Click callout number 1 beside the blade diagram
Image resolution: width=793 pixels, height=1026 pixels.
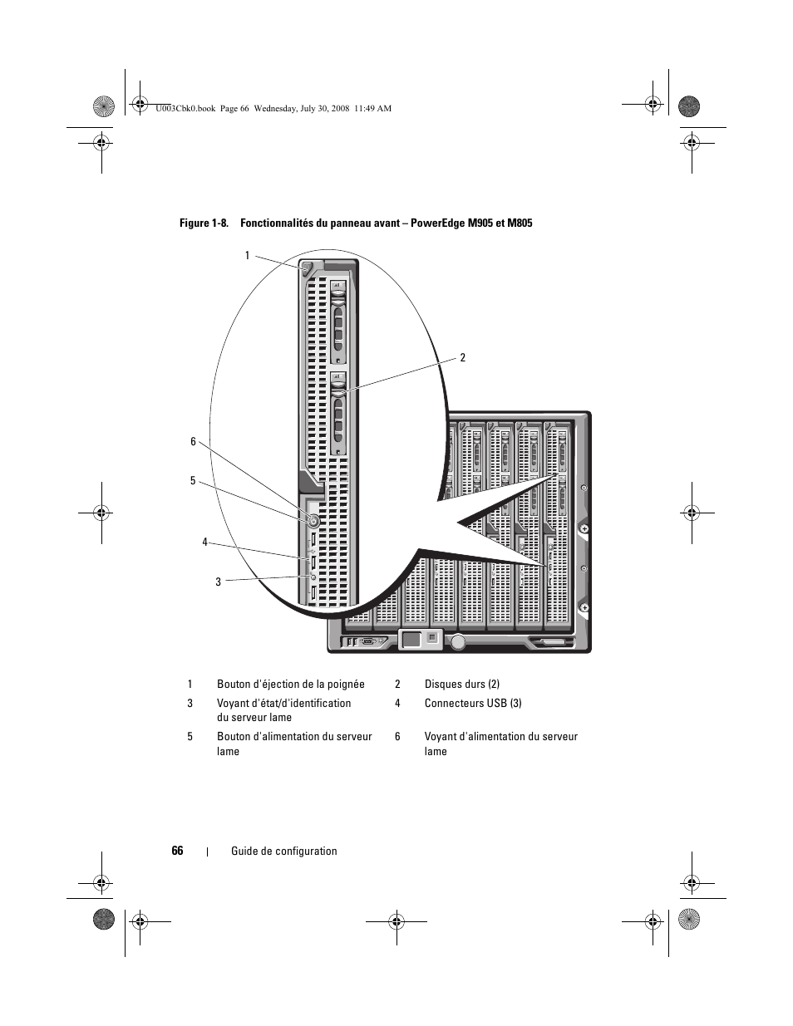pos(247,256)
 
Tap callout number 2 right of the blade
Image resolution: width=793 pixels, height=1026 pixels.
pos(463,358)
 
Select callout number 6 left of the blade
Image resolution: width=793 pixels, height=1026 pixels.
pos(193,442)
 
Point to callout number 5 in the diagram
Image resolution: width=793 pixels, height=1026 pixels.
pos(193,481)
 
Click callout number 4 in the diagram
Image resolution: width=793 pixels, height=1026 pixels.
pos(204,542)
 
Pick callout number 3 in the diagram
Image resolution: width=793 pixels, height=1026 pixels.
pos(219,582)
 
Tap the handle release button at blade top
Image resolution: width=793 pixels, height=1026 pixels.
pos(307,268)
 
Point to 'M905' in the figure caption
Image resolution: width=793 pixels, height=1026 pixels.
pos(482,223)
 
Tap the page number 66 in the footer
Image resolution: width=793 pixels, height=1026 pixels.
pos(178,851)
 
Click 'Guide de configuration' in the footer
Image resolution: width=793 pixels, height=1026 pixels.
pos(284,852)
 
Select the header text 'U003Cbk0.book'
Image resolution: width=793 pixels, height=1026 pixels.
pos(185,108)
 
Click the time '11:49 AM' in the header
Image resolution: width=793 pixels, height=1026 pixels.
pos(372,108)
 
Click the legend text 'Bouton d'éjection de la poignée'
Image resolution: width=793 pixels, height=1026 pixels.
pos(291,685)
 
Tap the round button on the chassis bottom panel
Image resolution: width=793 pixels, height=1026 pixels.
pos(458,641)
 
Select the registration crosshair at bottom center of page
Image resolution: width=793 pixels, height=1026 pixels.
pos(396,920)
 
